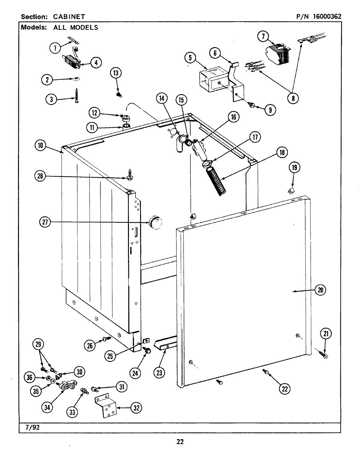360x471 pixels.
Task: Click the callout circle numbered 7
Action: click(263, 36)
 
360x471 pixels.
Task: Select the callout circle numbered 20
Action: click(320, 290)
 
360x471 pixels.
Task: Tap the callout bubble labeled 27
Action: click(45, 222)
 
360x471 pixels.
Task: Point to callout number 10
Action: click(41, 146)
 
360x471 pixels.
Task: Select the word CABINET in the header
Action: click(69, 16)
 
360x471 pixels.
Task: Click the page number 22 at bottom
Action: click(180, 442)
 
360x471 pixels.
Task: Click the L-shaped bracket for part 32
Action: click(105, 407)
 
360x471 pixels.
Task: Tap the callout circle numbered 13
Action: click(116, 73)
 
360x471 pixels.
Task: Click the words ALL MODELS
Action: click(76, 27)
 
